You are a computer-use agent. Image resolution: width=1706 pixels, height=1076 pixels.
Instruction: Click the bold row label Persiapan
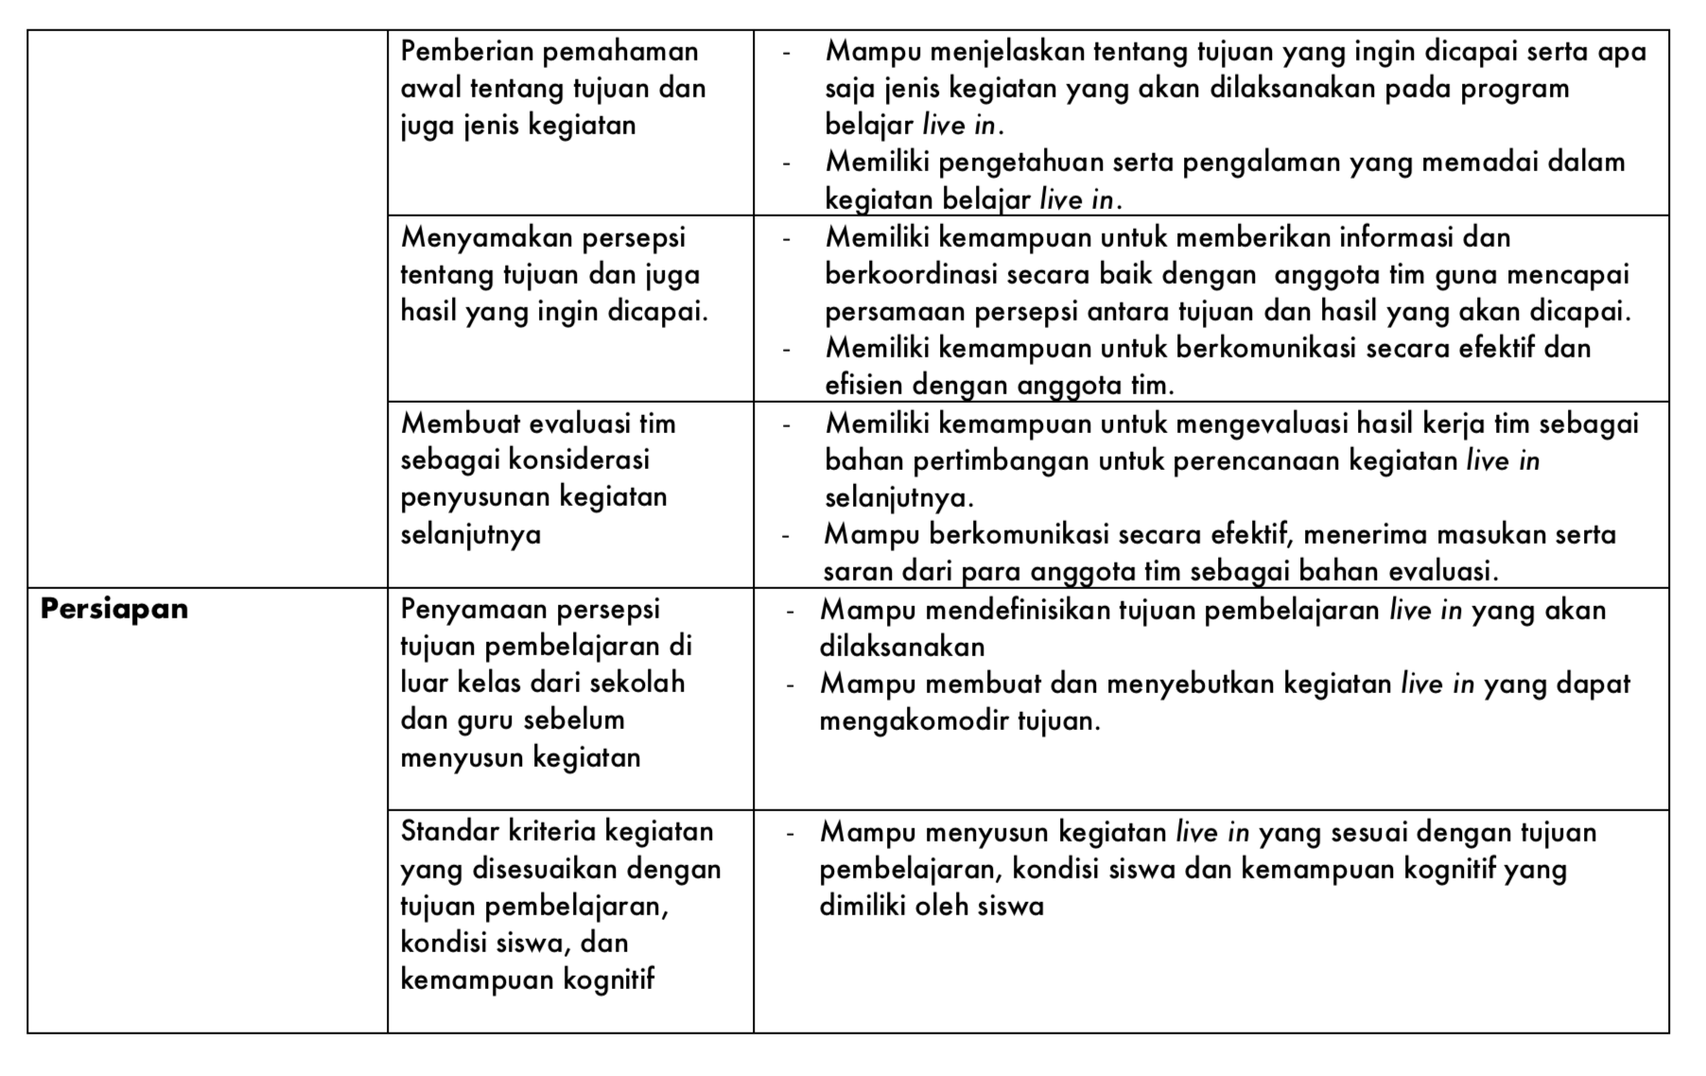114,609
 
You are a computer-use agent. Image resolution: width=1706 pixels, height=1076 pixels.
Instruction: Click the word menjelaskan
1004,51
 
